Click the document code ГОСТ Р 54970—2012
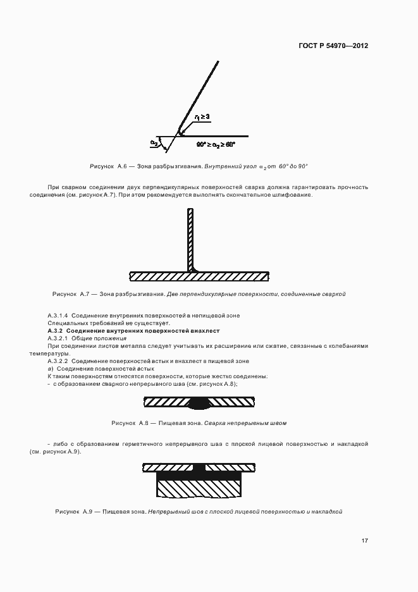pos(333,46)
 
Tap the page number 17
pos(365,540)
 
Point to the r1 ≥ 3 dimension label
pos(202,117)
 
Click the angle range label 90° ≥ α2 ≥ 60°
pos(216,144)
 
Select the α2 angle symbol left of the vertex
pos(154,143)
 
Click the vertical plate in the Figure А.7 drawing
pos(188,240)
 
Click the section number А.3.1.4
pos(58,315)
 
